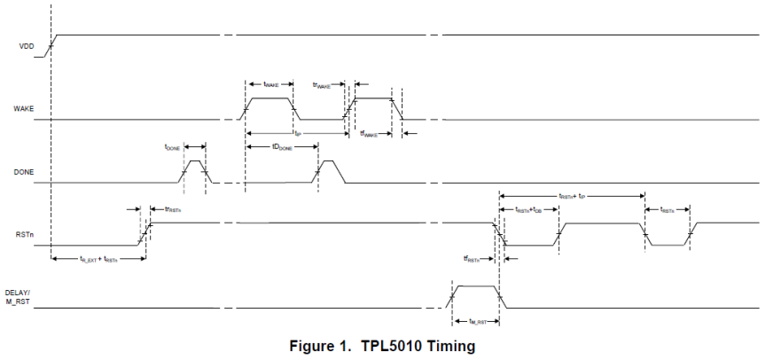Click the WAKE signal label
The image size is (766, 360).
coord(24,108)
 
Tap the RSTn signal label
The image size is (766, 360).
coord(25,235)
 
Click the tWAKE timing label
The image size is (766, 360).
coord(271,83)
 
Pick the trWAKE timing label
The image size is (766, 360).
coord(325,84)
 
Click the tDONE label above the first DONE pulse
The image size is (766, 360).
coord(173,147)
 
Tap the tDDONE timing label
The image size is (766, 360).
coord(283,148)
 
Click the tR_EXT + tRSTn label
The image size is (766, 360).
coord(98,259)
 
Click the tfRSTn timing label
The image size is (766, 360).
coord(475,259)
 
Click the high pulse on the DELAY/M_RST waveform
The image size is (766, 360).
coord(476,286)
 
